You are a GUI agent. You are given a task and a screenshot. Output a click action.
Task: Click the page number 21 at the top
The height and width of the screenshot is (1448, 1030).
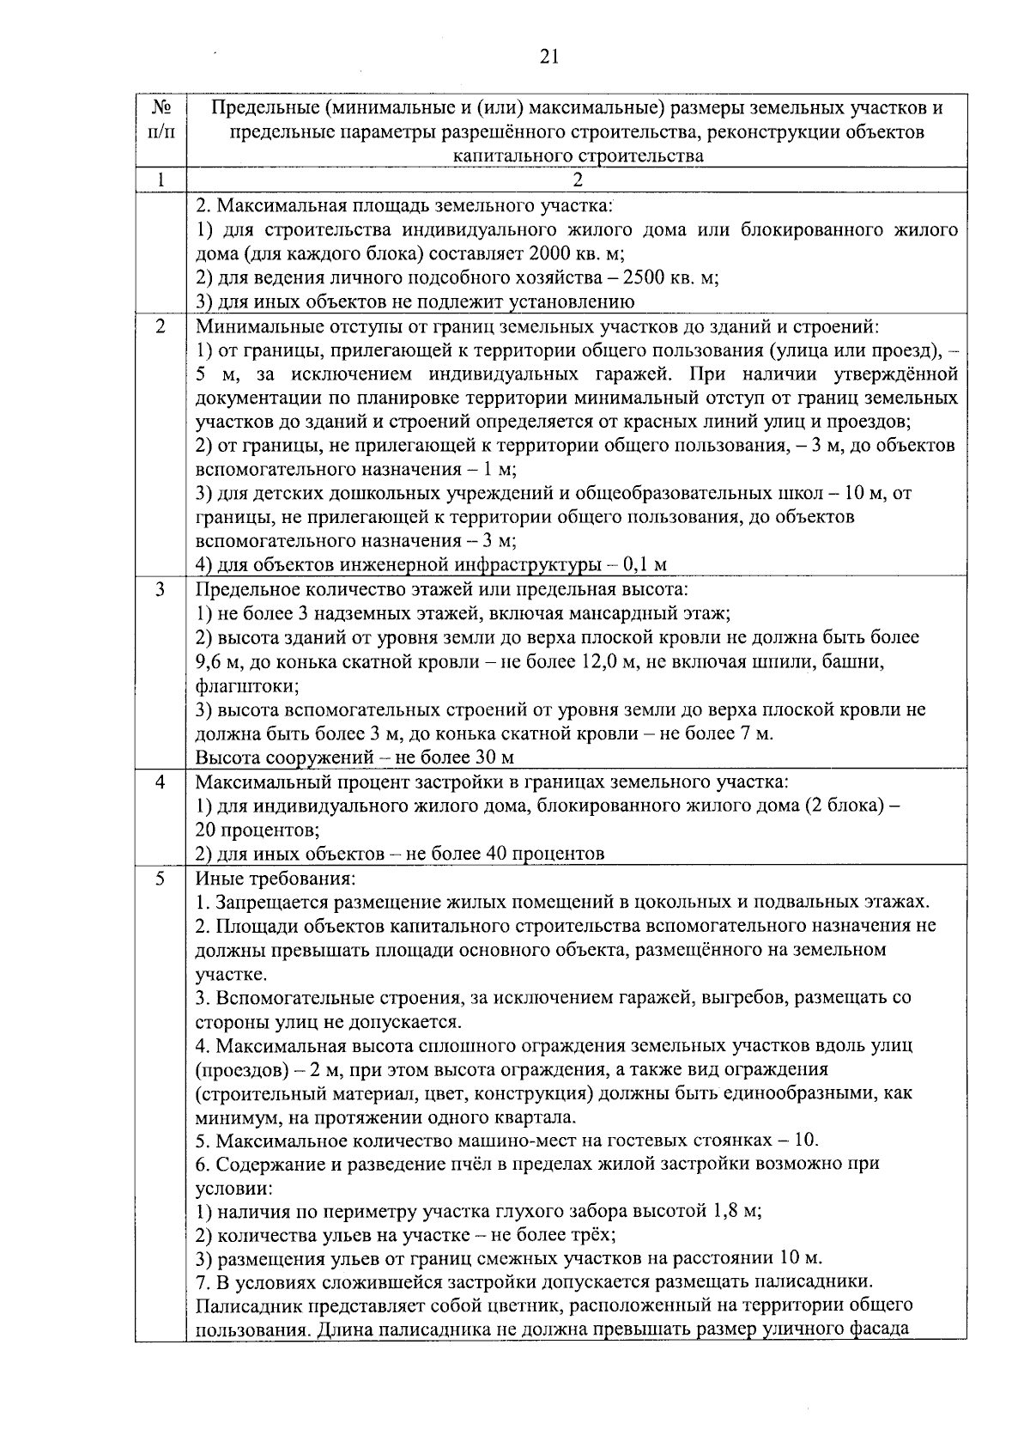coord(549,58)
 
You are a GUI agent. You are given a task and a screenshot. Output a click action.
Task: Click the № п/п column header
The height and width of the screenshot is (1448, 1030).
coord(161,120)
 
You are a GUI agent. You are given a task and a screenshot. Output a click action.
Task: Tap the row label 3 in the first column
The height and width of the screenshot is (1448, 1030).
coord(161,590)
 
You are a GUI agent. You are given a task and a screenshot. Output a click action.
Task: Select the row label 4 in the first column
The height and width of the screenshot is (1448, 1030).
coord(161,782)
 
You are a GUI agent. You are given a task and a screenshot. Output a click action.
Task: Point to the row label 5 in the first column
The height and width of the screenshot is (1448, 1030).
coord(161,879)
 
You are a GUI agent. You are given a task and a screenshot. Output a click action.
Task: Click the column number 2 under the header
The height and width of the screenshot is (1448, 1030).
coord(577,179)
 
